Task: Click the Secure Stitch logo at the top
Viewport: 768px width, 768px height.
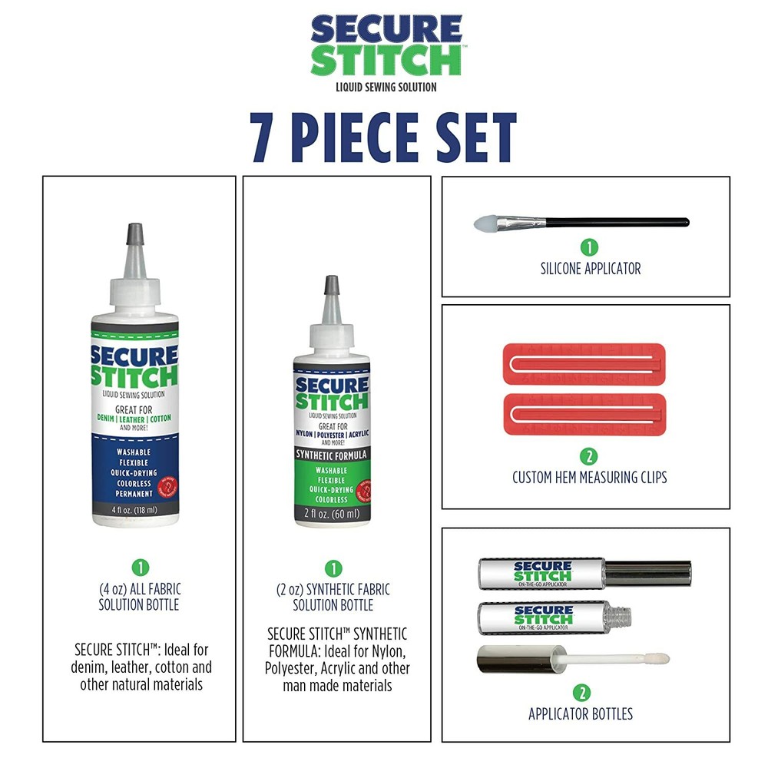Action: pyautogui.click(x=386, y=46)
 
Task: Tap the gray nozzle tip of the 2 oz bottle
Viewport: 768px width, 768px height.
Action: pyautogui.click(x=332, y=285)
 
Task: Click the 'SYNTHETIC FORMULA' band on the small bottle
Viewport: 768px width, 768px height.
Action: pyautogui.click(x=332, y=455)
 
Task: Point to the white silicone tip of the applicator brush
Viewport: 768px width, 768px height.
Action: pyautogui.click(x=484, y=223)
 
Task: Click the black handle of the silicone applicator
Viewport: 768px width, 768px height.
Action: pyautogui.click(x=614, y=223)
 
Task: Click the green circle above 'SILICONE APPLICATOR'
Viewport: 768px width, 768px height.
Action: pyautogui.click(x=589, y=247)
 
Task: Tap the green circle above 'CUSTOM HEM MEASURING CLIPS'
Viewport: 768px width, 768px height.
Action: pyautogui.click(x=589, y=456)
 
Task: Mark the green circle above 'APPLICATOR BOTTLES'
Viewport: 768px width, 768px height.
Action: pyautogui.click(x=581, y=693)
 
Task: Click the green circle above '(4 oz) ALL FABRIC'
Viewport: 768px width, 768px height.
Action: pyautogui.click(x=139, y=568)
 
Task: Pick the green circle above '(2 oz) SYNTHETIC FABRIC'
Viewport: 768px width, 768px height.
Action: pyautogui.click(x=333, y=568)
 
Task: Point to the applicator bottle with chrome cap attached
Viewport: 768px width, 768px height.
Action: pyautogui.click(x=584, y=573)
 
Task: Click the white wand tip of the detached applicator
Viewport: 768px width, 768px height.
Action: pyautogui.click(x=657, y=659)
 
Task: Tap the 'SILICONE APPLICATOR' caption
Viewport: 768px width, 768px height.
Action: pyautogui.click(x=590, y=269)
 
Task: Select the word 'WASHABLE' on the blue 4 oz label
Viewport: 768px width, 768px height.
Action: pyautogui.click(x=134, y=452)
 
